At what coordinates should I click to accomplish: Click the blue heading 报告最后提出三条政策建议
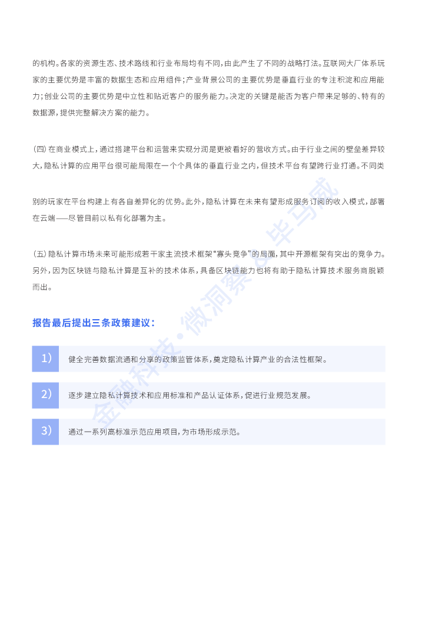[94, 323]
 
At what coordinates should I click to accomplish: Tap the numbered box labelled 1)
[45, 359]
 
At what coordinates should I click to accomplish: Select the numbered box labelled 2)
[45, 395]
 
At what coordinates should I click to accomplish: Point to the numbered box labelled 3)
[45, 432]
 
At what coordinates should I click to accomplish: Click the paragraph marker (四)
[39, 150]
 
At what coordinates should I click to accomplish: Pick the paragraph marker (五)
[39, 254]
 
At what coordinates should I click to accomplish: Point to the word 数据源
[44, 113]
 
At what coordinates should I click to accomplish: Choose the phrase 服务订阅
[310, 202]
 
